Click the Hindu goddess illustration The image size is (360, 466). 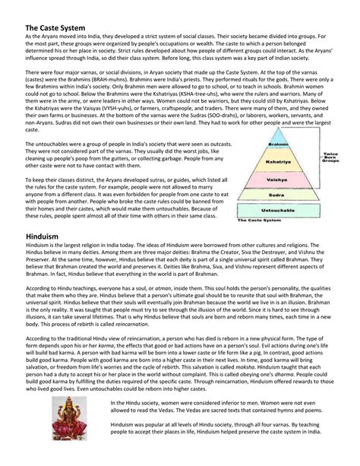click(x=71, y=420)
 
